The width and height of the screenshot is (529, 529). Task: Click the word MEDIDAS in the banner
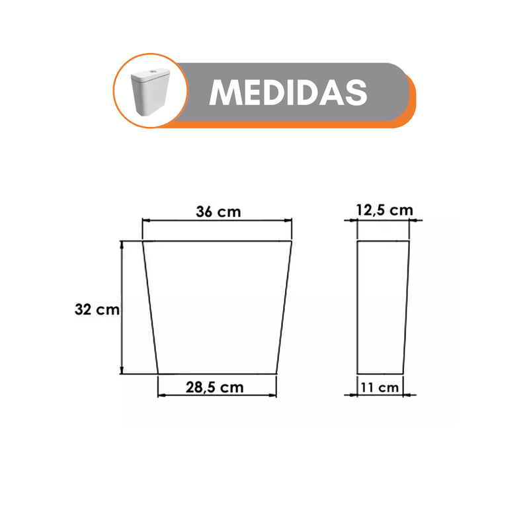288,93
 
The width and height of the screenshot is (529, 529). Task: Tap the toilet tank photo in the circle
150,91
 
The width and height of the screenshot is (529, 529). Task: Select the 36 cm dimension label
218,212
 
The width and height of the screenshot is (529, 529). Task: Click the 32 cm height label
97,309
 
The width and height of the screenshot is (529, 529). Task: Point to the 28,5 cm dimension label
214,387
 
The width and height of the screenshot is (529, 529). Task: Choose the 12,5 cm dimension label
385,210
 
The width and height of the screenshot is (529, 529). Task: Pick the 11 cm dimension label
380,387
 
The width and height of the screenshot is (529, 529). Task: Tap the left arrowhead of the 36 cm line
145,220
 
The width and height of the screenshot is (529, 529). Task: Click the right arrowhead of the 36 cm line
288,220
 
